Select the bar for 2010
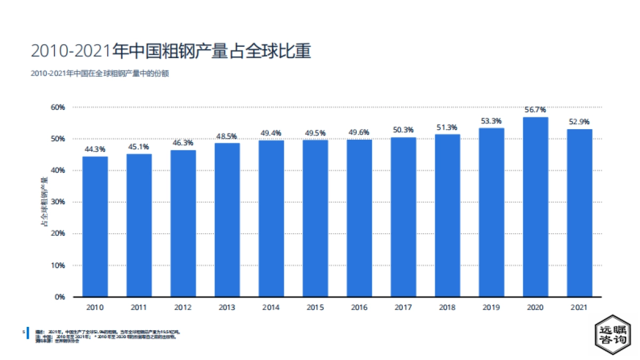[x=95, y=227]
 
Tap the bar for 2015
[x=315, y=218]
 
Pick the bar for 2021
[x=579, y=213]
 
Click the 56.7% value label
[x=535, y=110]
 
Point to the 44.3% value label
[x=95, y=149]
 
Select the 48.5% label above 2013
[x=227, y=136]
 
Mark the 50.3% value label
[x=403, y=130]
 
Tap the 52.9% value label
[x=579, y=122]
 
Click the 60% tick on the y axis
[x=58, y=107]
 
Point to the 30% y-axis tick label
[x=58, y=202]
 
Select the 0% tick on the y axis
[x=60, y=297]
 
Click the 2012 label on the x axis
[x=183, y=308]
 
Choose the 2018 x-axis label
[x=447, y=308]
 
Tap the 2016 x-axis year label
[x=359, y=308]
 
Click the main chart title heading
[x=171, y=51]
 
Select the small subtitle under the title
[x=100, y=74]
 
